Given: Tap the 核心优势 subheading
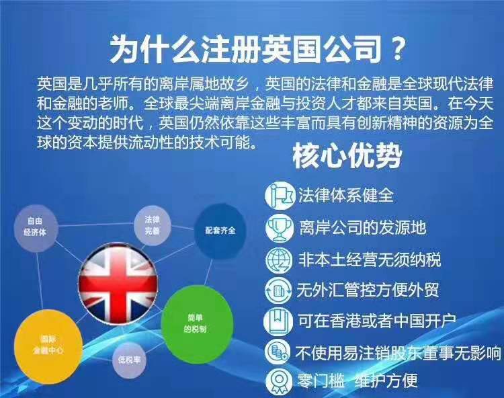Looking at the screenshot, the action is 347,156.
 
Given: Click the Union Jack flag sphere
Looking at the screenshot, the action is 118,284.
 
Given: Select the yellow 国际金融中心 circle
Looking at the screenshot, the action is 48,344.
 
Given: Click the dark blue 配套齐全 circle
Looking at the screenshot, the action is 220,231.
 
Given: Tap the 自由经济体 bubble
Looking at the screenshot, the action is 36,227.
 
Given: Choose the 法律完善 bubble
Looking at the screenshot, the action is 153,225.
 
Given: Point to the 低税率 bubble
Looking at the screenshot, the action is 129,360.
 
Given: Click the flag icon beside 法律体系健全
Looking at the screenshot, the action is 279,195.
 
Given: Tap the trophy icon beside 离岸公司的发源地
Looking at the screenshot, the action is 279,228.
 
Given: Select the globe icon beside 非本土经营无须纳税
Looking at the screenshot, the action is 279,260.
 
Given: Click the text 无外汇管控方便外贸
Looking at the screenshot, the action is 368,290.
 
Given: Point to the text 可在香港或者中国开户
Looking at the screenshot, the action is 377,321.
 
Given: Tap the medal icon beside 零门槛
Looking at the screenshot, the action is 278,381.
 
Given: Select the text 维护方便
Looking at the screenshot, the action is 386,381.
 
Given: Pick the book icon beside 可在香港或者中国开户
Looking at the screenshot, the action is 278,321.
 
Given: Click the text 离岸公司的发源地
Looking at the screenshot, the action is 363,228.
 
